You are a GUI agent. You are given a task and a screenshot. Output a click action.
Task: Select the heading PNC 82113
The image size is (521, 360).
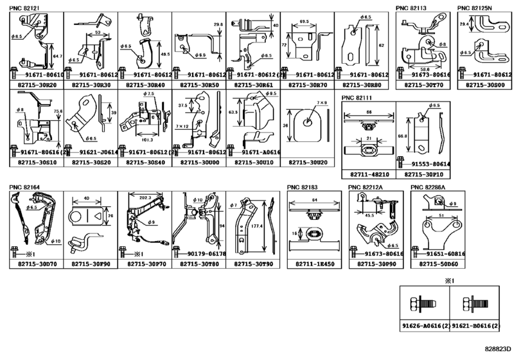click(412, 8)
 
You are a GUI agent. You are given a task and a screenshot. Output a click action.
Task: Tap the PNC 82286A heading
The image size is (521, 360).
click(428, 187)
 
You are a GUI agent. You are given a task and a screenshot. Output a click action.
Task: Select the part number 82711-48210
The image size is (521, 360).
click(368, 174)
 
